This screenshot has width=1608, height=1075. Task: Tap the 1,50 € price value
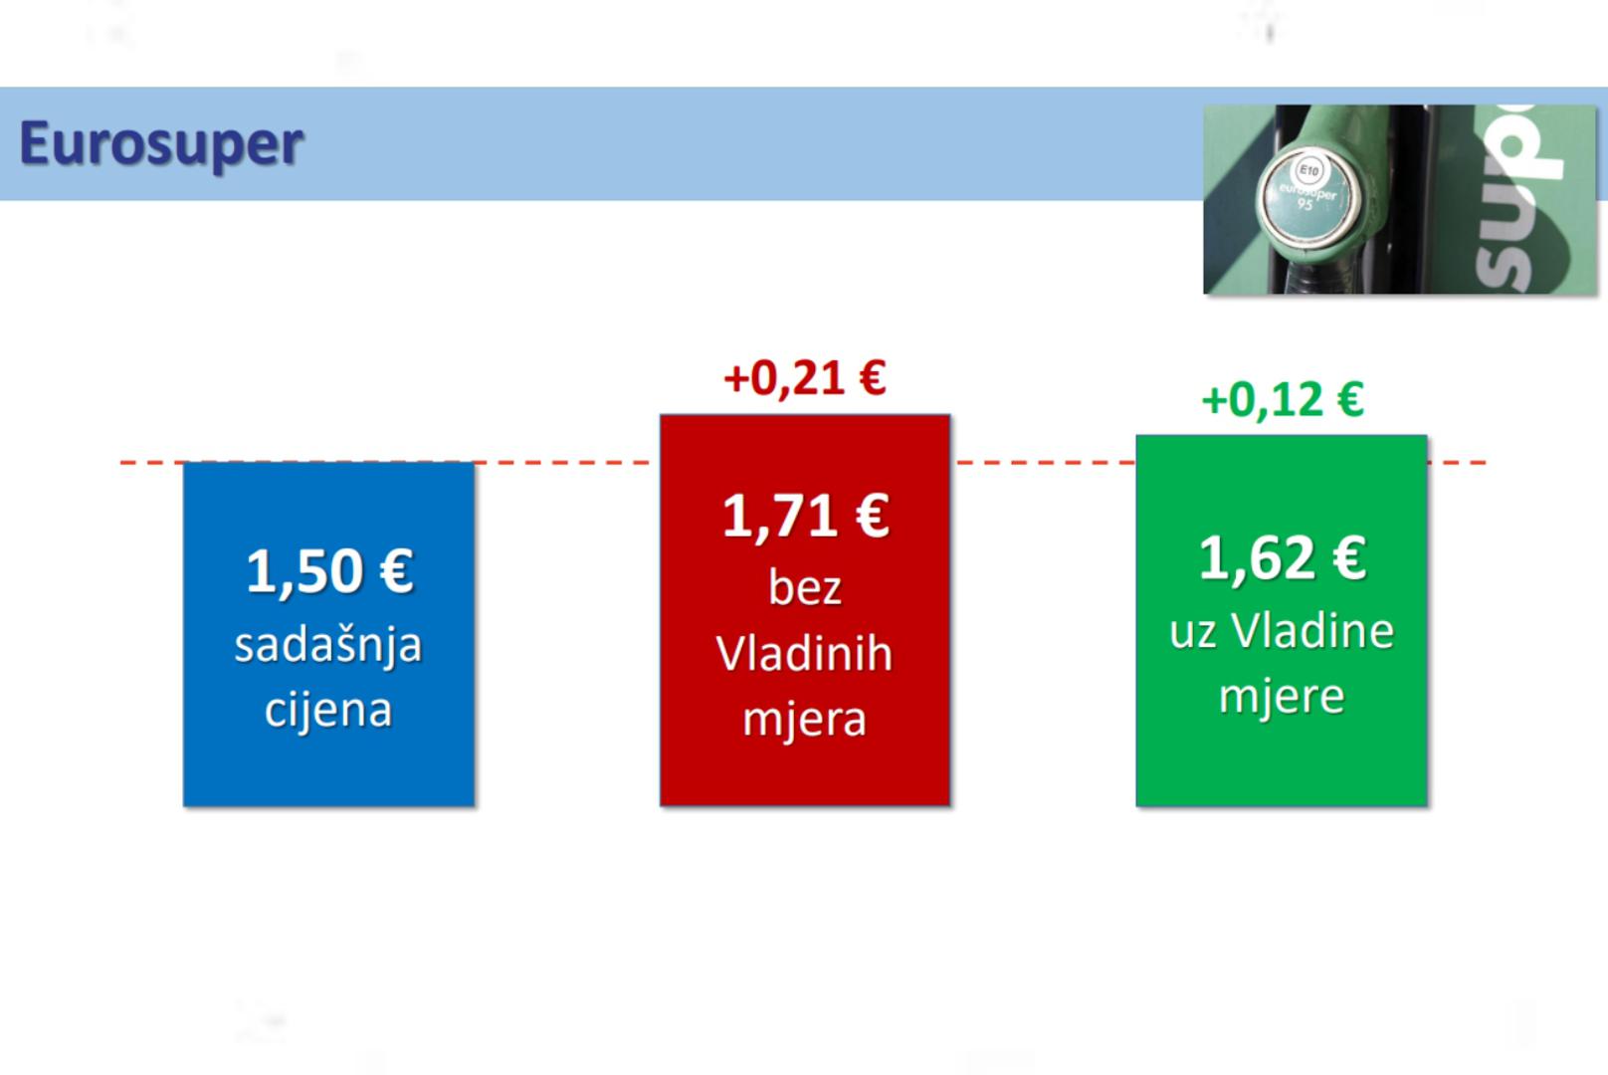click(329, 571)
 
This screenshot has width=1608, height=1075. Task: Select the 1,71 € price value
click(805, 517)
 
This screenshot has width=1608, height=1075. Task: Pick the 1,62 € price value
click(1282, 558)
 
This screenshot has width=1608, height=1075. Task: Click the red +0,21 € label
click(805, 379)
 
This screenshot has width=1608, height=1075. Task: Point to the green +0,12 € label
click(1282, 400)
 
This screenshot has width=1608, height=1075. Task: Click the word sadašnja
click(328, 645)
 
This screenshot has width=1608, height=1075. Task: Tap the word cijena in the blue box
click(328, 710)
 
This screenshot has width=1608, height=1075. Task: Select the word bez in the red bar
click(805, 588)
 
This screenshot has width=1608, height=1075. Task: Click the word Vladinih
click(804, 654)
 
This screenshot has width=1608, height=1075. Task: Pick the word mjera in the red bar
click(805, 719)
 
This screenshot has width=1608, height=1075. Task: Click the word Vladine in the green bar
click(1312, 631)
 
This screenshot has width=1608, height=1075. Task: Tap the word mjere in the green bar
click(1282, 696)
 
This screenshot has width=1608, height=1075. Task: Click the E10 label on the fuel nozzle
click(1308, 171)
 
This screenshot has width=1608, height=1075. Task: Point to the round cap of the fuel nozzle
click(1306, 195)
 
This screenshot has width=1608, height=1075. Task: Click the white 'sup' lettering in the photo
click(1514, 200)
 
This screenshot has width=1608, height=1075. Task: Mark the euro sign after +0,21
click(873, 378)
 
